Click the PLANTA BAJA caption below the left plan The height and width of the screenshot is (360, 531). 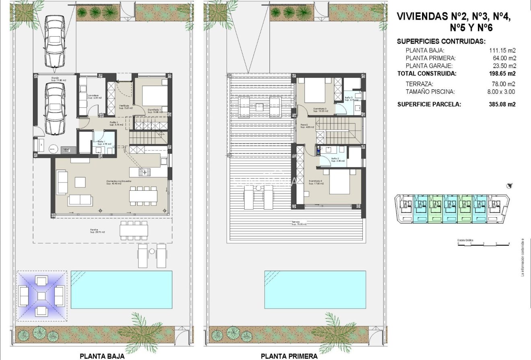tap(102, 356)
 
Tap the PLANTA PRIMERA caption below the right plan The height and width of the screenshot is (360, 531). tap(289, 356)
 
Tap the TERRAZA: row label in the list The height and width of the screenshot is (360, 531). tap(419, 84)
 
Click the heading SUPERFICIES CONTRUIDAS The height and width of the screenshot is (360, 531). tap(441, 41)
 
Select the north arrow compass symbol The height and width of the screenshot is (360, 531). tap(510, 185)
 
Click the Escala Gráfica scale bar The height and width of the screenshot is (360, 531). tap(483, 244)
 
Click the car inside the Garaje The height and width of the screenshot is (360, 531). tap(55, 109)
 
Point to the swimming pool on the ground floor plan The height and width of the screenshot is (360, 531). tap(121, 290)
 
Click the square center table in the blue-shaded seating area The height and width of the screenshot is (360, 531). tap(41, 296)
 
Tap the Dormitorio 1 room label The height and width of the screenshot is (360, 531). tap(154, 109)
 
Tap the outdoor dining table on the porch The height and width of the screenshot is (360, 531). tap(134, 230)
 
